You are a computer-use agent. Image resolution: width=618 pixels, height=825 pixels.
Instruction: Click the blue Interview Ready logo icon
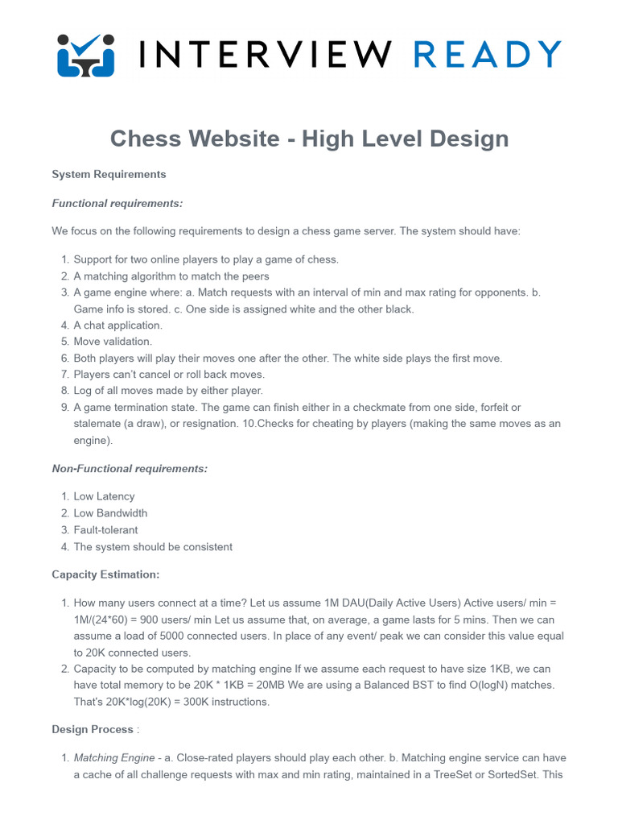[x=86, y=54]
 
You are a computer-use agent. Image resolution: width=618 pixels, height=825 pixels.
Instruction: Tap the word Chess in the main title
[x=144, y=139]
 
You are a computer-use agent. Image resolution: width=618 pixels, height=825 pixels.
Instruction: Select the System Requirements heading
[x=109, y=174]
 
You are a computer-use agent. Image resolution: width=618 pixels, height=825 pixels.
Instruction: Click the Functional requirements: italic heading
[x=117, y=204]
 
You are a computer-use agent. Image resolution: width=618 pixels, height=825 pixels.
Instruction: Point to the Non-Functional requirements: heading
[x=130, y=469]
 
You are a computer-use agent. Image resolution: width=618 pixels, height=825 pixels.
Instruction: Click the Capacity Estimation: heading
[x=105, y=574]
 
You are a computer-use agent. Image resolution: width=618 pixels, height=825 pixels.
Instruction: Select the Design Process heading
[x=93, y=729]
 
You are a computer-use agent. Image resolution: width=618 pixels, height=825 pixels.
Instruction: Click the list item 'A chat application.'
[x=117, y=325]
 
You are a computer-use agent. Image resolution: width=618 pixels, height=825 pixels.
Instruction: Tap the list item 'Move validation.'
[x=113, y=342]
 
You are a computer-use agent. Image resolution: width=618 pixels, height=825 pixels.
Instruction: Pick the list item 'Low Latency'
[x=104, y=497]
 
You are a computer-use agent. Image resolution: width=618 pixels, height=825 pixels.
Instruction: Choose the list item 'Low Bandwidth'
[x=110, y=513]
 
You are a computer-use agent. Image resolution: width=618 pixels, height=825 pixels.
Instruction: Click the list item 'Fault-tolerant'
[x=105, y=530]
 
